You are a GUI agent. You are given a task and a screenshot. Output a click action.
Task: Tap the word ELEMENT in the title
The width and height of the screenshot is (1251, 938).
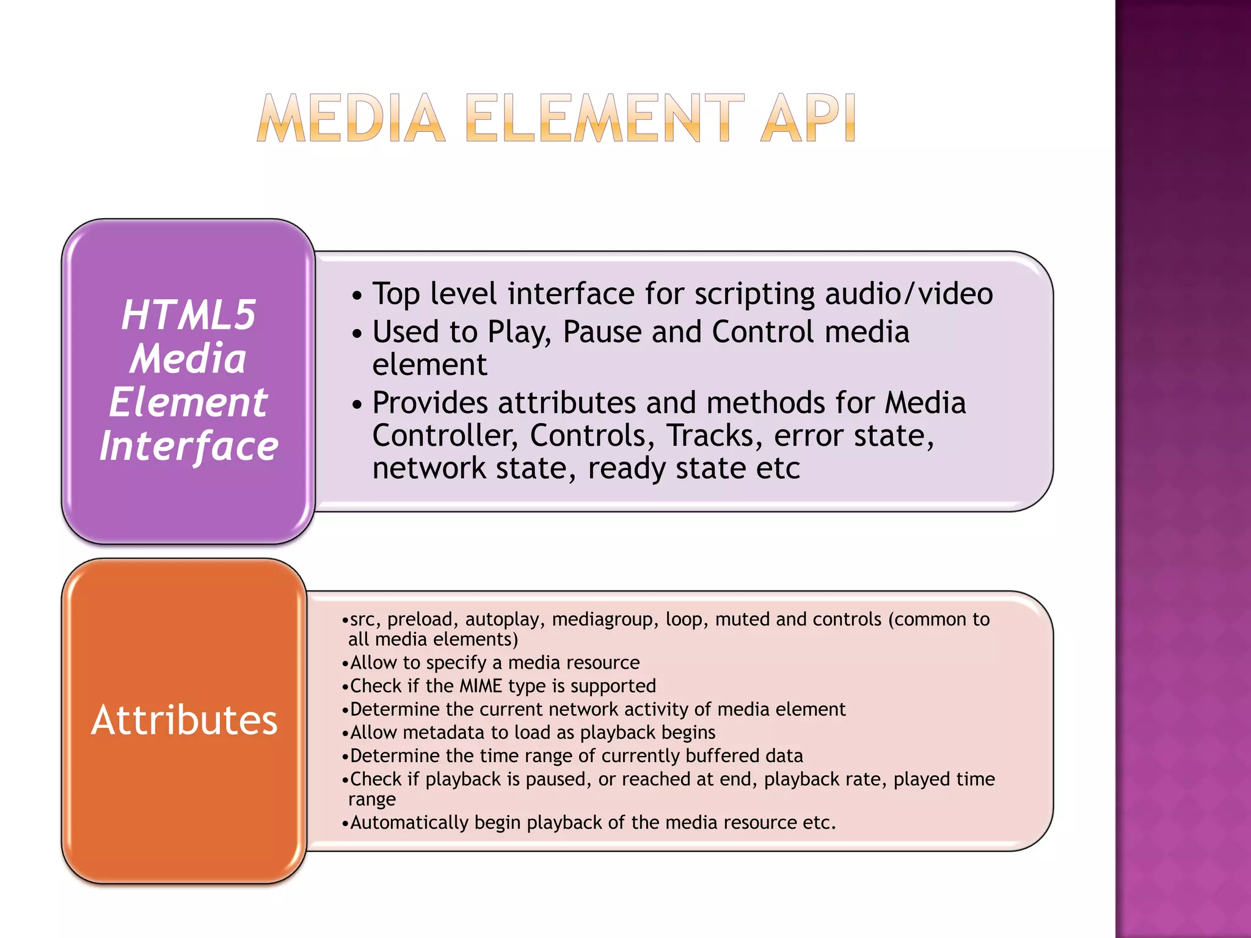[605, 118]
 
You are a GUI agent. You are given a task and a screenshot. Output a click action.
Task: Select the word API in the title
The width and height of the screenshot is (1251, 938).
[808, 118]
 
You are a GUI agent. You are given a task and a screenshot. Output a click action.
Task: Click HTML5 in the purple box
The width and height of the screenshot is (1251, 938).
[188, 315]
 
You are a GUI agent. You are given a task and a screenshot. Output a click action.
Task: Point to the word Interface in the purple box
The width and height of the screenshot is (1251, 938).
[189, 446]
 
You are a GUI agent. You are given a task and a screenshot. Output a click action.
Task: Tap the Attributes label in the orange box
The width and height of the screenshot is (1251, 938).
[184, 720]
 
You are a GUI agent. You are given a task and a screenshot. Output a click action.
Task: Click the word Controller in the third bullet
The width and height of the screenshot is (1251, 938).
[445, 436]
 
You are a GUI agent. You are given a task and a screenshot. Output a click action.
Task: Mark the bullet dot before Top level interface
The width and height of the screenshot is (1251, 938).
[357, 296]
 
